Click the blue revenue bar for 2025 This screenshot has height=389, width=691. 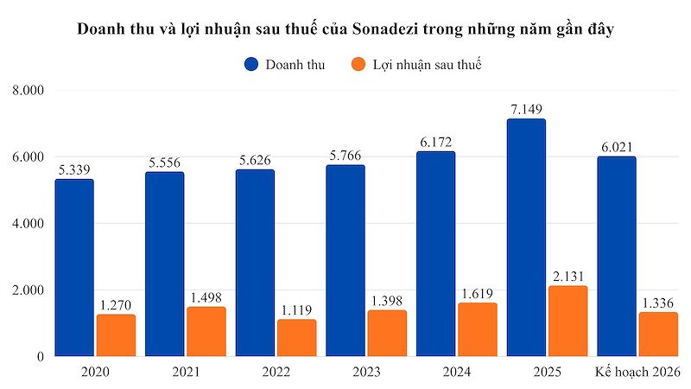click(526, 238)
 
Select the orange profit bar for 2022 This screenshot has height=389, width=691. click(296, 338)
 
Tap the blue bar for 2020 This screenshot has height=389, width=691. click(74, 268)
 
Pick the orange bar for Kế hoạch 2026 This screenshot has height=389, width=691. click(658, 334)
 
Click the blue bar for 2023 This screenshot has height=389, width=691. click(345, 260)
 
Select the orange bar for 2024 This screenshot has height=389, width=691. click(478, 329)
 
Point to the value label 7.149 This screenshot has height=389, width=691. click(526, 109)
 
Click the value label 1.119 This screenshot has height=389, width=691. click(296, 309)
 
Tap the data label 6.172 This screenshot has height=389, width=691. click(436, 142)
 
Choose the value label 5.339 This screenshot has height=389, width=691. click(74, 169)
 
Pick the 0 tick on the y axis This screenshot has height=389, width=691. click(40, 356)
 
